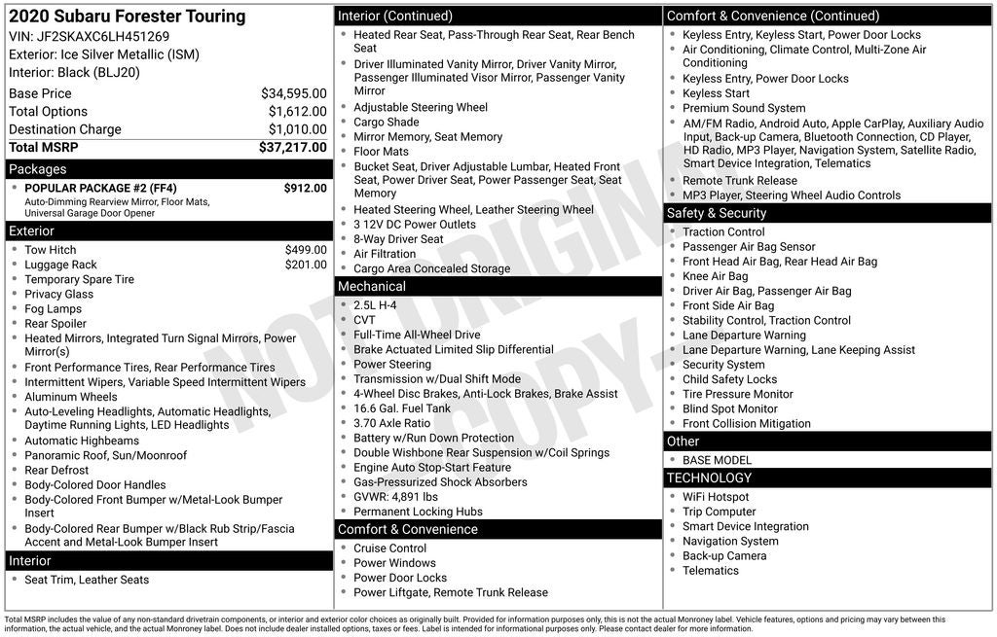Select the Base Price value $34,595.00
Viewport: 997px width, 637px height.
tap(293, 94)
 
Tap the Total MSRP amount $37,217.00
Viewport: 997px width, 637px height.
tap(292, 148)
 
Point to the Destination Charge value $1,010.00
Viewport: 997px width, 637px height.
tap(297, 129)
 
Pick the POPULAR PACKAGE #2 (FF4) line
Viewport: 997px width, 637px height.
tap(100, 188)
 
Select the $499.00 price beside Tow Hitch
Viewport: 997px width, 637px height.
tap(306, 250)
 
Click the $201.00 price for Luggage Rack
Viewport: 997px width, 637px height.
tap(306, 265)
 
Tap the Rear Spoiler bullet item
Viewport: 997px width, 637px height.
tap(55, 324)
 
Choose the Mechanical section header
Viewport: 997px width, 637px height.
tap(371, 287)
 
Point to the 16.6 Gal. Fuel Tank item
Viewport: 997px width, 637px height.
tap(402, 408)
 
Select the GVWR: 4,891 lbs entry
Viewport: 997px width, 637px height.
tap(395, 497)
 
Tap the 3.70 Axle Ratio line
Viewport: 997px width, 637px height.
tap(391, 423)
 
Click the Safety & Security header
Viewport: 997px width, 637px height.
tap(717, 213)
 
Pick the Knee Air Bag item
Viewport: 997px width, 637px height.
tap(715, 276)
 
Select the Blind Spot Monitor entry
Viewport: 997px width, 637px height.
tap(729, 408)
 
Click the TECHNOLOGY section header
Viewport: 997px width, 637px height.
tap(709, 478)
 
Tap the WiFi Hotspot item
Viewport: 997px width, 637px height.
tap(716, 497)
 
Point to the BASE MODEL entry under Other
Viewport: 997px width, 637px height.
tap(717, 460)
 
